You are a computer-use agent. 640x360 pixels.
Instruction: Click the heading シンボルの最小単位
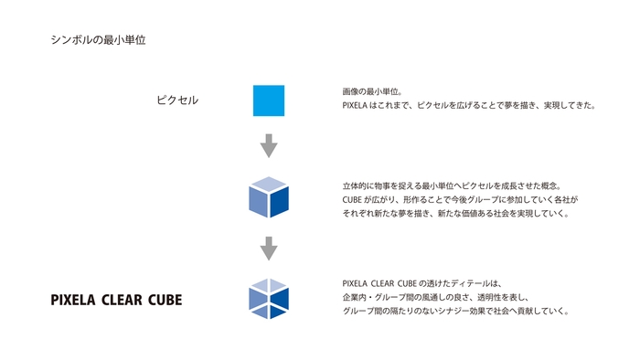pyautogui.click(x=100, y=40)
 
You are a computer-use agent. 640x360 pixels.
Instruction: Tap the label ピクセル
pyautogui.click(x=177, y=100)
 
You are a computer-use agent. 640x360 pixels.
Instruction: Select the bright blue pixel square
pyautogui.click(x=269, y=101)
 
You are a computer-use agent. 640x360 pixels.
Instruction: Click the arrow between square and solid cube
pyautogui.click(x=269, y=145)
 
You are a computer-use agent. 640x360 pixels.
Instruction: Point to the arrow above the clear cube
pyautogui.click(x=269, y=248)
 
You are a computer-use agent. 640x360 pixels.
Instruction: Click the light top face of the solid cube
pyautogui.click(x=269, y=185)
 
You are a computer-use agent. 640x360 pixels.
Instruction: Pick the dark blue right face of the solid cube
pyautogui.click(x=280, y=203)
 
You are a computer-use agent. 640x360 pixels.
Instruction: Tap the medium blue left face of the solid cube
pyautogui.click(x=258, y=203)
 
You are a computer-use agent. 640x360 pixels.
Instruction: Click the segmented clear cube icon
pyautogui.click(x=269, y=298)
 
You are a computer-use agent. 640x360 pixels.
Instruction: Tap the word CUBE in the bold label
pyautogui.click(x=165, y=300)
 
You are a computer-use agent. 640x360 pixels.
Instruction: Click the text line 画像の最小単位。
pyautogui.click(x=366, y=91)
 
